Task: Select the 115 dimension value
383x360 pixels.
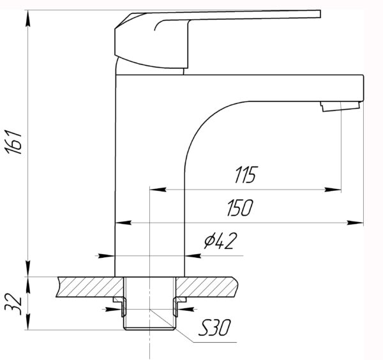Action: (x=246, y=175)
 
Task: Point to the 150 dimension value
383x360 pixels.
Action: (x=241, y=208)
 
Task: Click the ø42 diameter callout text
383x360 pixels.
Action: (x=221, y=241)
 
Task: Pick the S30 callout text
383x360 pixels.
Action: (x=214, y=327)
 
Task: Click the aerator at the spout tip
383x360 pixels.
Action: (x=341, y=107)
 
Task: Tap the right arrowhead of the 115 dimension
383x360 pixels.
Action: (x=333, y=190)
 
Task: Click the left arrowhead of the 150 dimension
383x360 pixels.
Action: (x=123, y=223)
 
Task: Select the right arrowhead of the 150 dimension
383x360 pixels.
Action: (x=356, y=223)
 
